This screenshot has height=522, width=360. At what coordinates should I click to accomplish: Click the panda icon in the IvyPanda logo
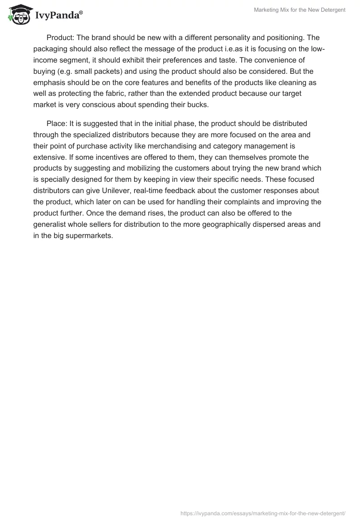pos(18,15)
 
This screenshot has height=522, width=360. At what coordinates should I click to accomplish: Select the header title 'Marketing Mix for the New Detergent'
pos(299,10)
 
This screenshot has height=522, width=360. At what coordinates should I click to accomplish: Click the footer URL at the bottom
pos(263,513)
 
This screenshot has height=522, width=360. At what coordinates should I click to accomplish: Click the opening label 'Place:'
pos(57,124)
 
